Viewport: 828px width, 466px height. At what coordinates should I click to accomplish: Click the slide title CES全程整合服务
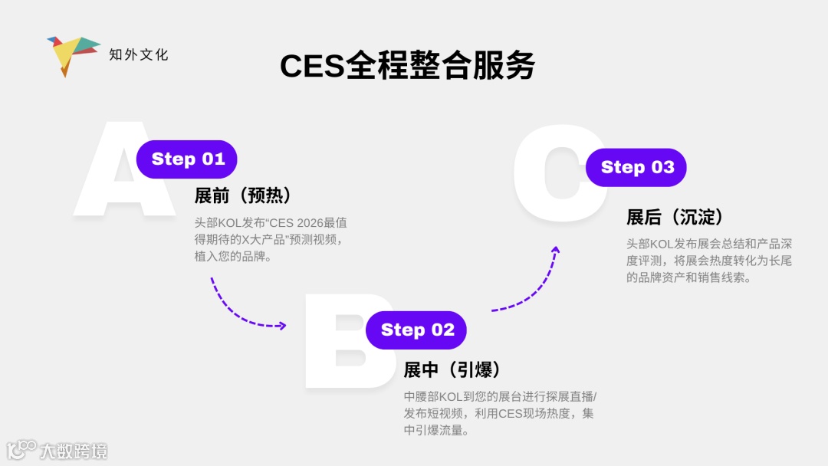(407, 67)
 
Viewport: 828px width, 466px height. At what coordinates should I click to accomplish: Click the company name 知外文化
(139, 54)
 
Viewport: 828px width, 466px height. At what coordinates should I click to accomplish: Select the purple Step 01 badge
(187, 159)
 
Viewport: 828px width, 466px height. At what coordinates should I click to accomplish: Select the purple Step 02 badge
(416, 330)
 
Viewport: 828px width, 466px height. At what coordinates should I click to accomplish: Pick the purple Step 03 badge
(636, 168)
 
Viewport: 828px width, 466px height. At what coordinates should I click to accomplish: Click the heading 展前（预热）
(242, 196)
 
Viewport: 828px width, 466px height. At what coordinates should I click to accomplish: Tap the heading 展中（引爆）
(452, 370)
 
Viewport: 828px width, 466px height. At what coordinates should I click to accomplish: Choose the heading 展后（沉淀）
(675, 218)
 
